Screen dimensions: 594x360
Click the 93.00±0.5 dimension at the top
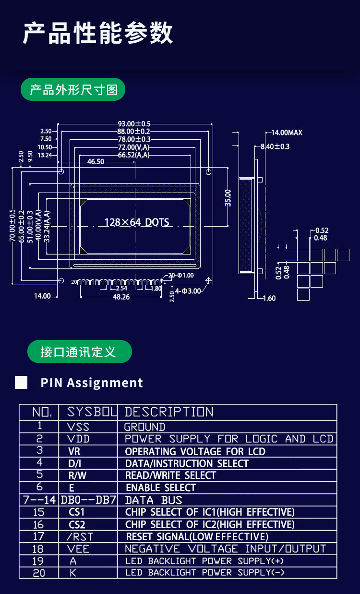(134, 123)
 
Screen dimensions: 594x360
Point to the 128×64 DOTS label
(137, 222)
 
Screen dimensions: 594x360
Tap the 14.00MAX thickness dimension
(287, 133)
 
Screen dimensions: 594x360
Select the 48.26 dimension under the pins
(121, 297)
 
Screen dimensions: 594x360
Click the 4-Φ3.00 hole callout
(188, 291)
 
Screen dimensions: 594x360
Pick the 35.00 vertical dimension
(228, 198)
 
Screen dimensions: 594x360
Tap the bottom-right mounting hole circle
(208, 280)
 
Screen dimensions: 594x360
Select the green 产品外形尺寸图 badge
(73, 90)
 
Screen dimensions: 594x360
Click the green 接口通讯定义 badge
(79, 352)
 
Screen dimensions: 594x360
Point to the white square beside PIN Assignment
(21, 383)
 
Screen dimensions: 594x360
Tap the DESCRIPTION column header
(169, 412)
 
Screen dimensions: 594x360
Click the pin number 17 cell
(38, 536)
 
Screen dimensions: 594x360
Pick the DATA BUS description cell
(154, 500)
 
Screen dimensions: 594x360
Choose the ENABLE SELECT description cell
(161, 487)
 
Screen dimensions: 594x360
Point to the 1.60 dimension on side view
(269, 298)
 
